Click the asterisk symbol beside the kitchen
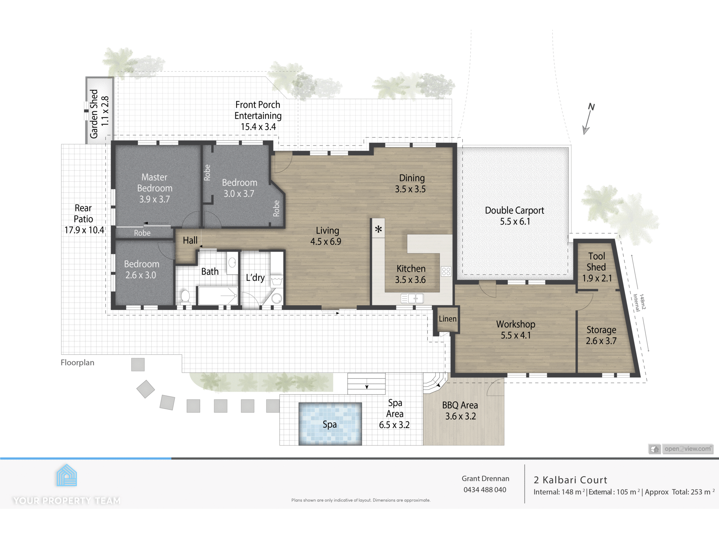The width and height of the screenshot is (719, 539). click(x=378, y=229)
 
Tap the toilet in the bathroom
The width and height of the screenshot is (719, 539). click(x=185, y=297)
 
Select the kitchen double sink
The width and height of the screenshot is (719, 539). click(x=412, y=298)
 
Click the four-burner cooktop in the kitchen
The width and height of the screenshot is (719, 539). click(x=446, y=271)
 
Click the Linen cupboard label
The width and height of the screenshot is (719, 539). click(x=448, y=319)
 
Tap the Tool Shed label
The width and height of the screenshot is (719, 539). click(x=596, y=262)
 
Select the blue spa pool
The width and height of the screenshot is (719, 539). click(x=330, y=424)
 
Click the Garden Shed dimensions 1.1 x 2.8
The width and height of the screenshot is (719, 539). click(x=105, y=111)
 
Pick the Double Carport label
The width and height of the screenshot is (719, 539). click(x=514, y=211)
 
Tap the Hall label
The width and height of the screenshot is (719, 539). click(x=190, y=240)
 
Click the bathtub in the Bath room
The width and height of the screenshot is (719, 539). click(x=218, y=296)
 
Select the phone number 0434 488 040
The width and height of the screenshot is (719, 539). click(x=485, y=490)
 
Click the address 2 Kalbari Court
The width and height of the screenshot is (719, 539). click(x=571, y=480)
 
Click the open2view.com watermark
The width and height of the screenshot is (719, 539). click(x=687, y=449)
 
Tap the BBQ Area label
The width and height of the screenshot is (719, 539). click(x=460, y=405)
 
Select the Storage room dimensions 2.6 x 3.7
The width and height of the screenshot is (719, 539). click(x=601, y=341)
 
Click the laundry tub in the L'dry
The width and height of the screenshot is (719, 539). click(x=277, y=280)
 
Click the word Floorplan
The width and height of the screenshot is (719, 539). click(x=77, y=363)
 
